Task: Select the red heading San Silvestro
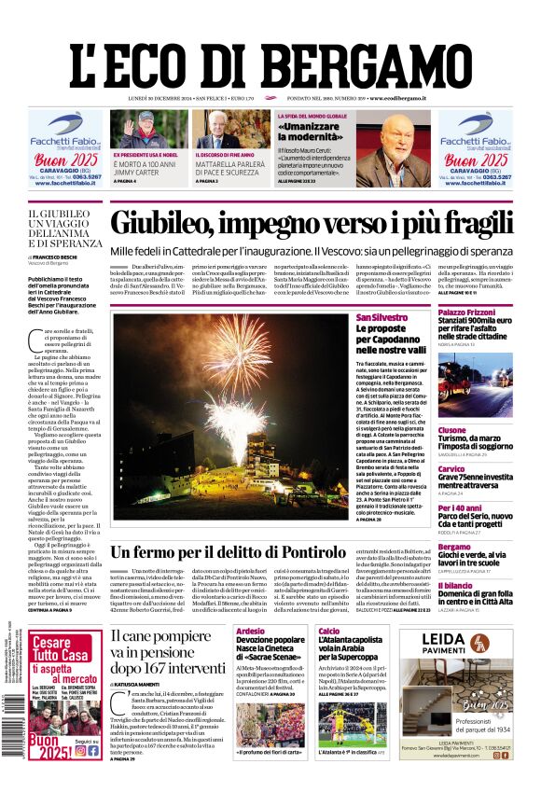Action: pyautogui.click(x=381, y=318)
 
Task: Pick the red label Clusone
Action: pyautogui.click(x=452, y=430)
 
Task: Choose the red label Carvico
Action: pyautogui.click(x=451, y=468)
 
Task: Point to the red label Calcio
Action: pyautogui.click(x=328, y=632)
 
